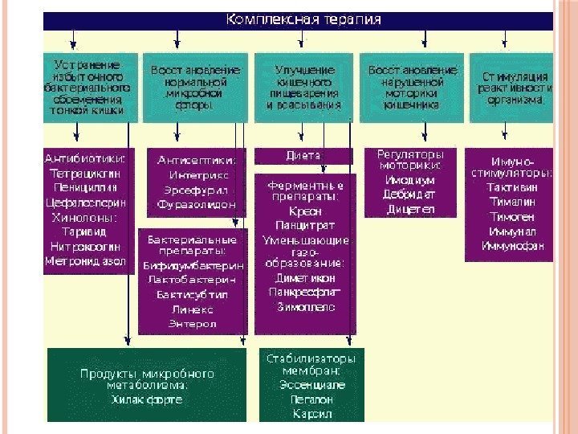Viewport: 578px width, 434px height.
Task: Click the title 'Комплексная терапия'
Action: point(303,18)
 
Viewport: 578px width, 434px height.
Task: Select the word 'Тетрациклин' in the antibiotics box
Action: point(88,173)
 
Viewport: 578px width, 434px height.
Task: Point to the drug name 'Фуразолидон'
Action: point(196,205)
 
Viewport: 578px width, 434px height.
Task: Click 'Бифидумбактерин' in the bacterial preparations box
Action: point(193,265)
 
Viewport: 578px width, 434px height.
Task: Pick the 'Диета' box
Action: point(303,155)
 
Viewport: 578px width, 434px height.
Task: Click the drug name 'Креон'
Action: point(303,211)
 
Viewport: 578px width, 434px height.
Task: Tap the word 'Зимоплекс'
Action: point(305,307)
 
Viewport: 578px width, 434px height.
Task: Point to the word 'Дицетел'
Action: point(410,209)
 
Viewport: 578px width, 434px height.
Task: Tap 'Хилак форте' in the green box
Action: point(147,399)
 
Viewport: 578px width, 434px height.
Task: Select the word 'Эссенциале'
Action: point(311,386)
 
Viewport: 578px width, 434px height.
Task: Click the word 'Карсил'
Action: point(311,415)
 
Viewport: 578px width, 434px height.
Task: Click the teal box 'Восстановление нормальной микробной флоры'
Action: point(194,88)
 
